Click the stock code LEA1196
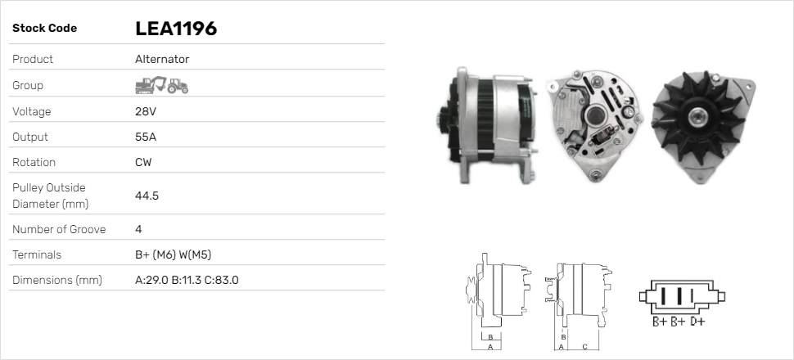[x=176, y=29]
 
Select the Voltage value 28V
[x=146, y=111]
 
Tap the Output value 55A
[x=146, y=137]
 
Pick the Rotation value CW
[x=143, y=162]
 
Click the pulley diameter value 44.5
[x=147, y=196]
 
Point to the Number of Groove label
[x=59, y=229]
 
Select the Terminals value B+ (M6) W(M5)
[x=174, y=254]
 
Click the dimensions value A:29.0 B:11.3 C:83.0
[x=187, y=280]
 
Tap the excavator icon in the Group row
[x=151, y=85]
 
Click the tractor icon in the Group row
[x=178, y=86]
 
